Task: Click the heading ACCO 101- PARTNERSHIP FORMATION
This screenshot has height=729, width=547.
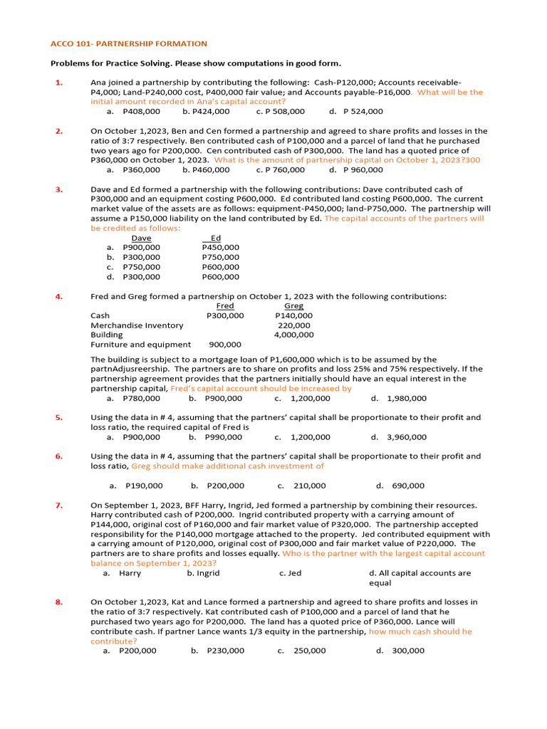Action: (129, 44)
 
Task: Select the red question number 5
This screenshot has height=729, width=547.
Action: (59, 418)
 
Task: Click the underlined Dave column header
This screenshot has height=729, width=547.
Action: (141, 238)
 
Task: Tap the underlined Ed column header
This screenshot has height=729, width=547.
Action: (216, 238)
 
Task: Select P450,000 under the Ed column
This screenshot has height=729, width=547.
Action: (220, 247)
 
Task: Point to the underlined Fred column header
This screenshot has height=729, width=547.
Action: (224, 306)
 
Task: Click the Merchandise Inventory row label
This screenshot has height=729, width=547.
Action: (137, 325)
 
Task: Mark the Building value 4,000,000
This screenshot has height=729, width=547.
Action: (293, 335)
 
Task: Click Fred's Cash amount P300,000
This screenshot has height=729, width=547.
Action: (225, 315)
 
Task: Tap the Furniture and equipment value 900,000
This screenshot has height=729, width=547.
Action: (225, 345)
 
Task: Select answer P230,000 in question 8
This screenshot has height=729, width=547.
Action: (225, 650)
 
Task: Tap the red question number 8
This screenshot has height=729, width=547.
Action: (59, 602)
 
